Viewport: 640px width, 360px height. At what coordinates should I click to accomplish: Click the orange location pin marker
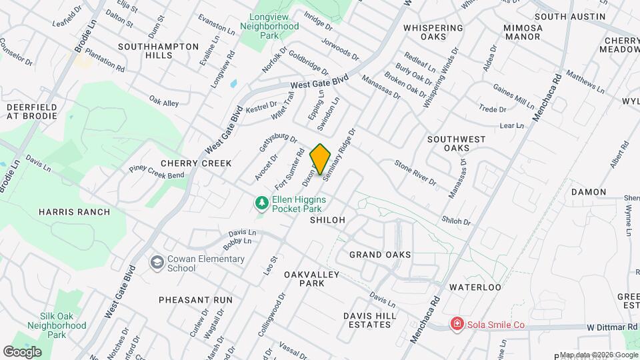(321, 159)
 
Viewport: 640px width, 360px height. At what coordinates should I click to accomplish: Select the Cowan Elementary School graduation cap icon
(158, 263)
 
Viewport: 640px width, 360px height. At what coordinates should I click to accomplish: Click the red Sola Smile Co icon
(457, 325)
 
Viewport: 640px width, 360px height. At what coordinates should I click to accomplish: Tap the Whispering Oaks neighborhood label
(433, 33)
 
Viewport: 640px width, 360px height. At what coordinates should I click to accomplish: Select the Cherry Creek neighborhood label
(196, 163)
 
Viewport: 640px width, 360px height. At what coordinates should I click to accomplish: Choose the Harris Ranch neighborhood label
(74, 212)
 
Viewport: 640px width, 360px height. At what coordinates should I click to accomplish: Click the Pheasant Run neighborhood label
(195, 300)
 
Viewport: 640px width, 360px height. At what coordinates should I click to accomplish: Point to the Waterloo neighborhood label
(475, 287)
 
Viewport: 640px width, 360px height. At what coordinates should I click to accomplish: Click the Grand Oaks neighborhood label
(380, 255)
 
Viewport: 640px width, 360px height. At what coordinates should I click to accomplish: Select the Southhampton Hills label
(158, 51)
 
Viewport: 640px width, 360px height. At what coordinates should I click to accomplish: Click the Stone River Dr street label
(415, 172)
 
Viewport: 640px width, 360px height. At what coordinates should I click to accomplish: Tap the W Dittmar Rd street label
(612, 327)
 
